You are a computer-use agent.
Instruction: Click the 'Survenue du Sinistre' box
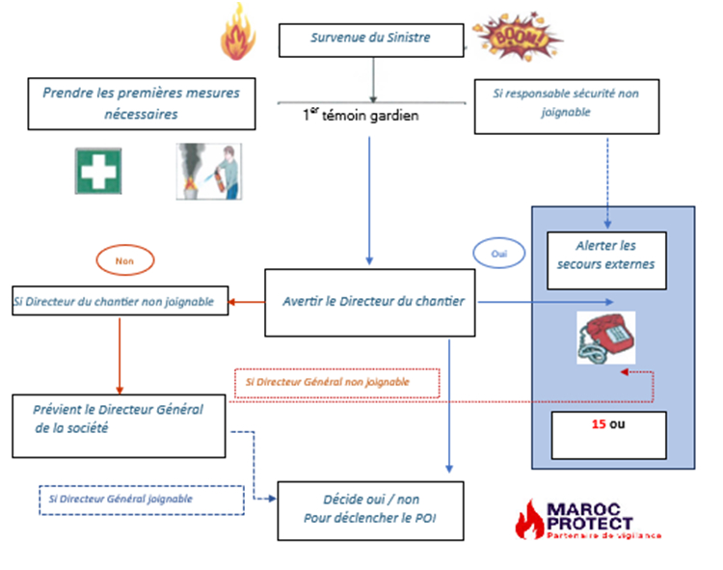point(371,39)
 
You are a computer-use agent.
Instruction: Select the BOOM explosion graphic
point(516,37)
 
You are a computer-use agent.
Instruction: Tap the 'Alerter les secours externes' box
point(605,255)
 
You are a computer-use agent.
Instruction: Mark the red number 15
point(599,422)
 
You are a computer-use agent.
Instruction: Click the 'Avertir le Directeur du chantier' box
point(371,302)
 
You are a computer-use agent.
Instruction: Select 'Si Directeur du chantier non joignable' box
point(120,300)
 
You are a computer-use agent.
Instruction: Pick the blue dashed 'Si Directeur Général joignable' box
point(141,500)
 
